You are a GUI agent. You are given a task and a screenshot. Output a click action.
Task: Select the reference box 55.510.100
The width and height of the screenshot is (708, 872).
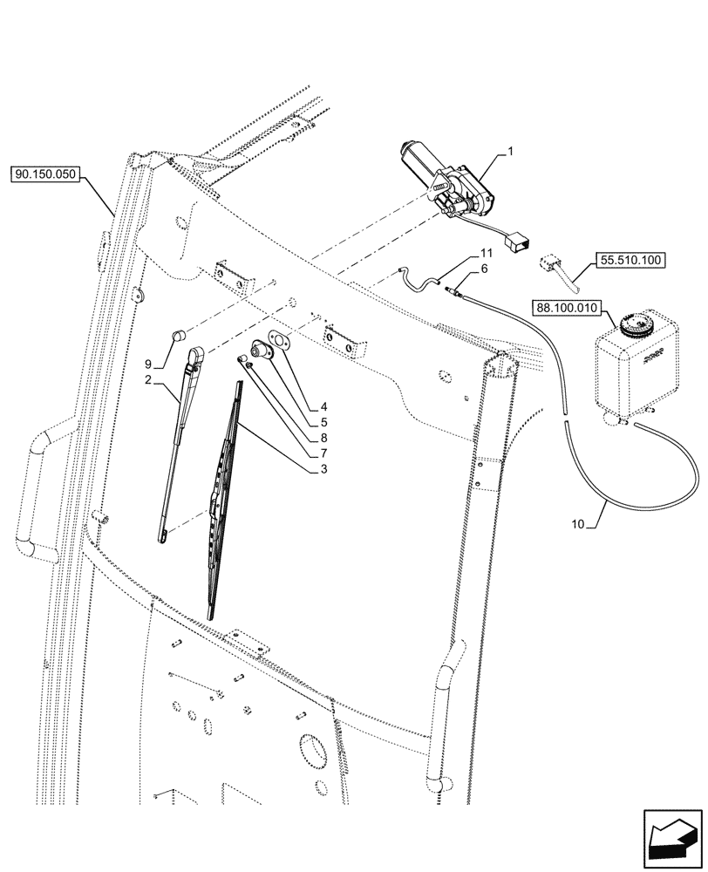[630, 260]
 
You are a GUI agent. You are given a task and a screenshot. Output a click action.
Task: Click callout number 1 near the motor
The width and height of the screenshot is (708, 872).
[511, 152]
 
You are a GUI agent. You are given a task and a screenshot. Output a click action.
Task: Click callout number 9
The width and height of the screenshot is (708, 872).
[148, 364]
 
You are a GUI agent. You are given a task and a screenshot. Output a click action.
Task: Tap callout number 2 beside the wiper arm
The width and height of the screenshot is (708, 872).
[148, 380]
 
